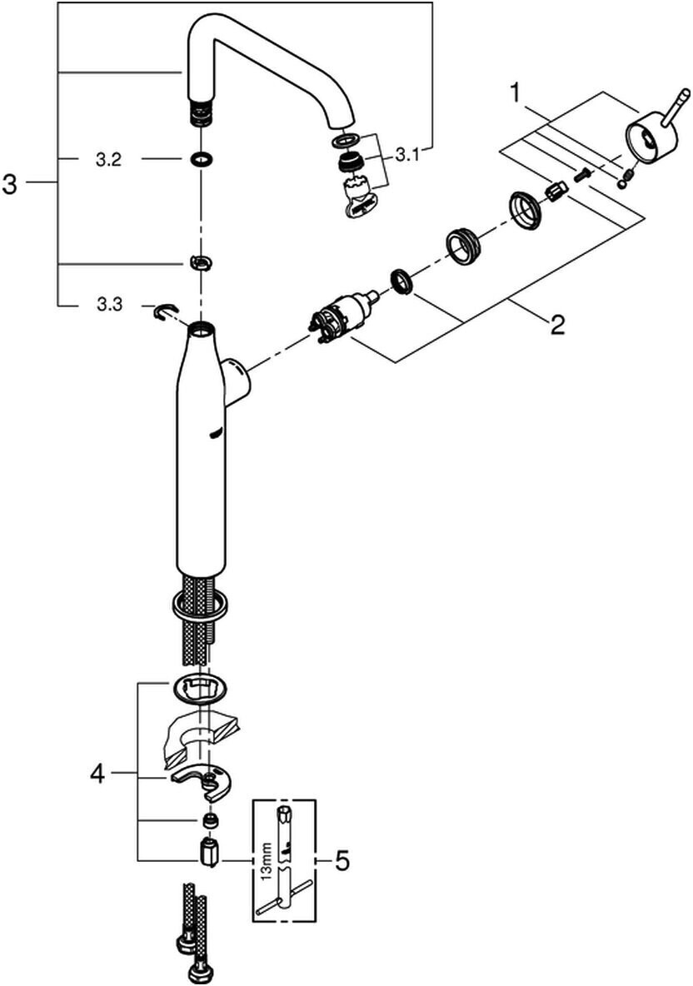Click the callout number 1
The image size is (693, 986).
coord(516,94)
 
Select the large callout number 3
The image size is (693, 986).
coord(10,184)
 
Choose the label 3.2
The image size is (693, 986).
coord(108,161)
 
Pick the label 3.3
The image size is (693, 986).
coord(109,305)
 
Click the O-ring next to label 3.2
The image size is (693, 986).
coord(201,160)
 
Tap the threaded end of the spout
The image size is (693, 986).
coord(202,112)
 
